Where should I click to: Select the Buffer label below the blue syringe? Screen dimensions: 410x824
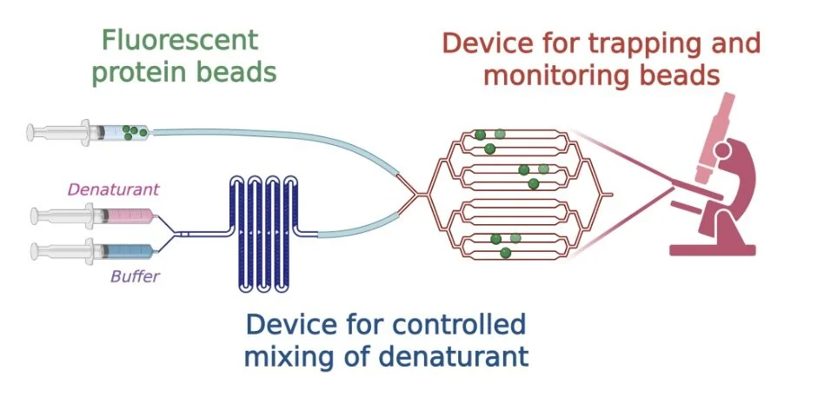[x=133, y=278]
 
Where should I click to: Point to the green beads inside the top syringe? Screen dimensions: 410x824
[x=133, y=132]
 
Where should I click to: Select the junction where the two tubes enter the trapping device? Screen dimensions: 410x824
[x=412, y=196]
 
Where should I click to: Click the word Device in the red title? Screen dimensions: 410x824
[x=484, y=43]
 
